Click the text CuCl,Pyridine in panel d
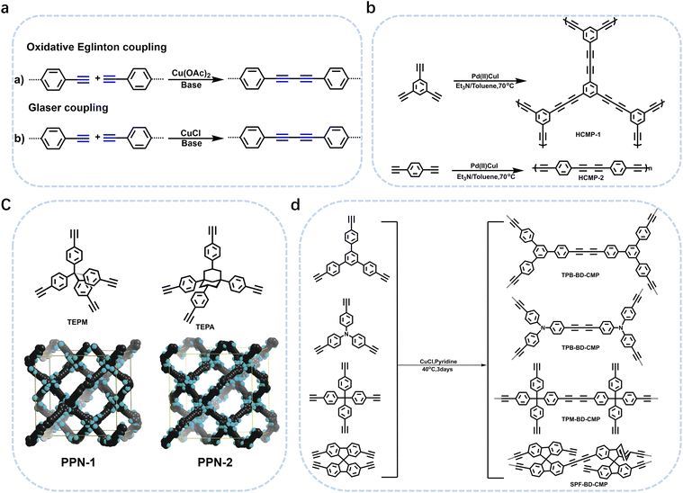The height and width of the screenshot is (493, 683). [x=439, y=358]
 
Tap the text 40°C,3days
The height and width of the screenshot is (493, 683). [x=439, y=368]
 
